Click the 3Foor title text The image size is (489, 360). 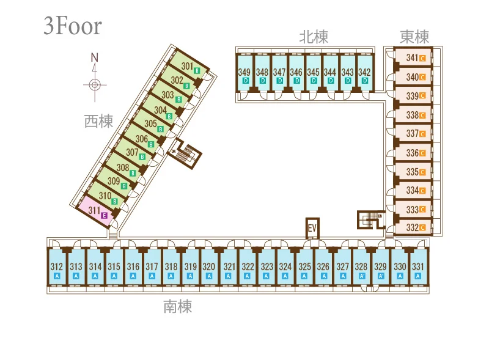pos(73,26)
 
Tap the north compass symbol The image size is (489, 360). pos(95,78)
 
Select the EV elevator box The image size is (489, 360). pos(312,228)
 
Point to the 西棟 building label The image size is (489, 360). pos(98,121)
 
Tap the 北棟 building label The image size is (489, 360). pos(314,37)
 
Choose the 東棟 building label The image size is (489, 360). pos(414,37)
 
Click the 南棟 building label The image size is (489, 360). pos(178,306)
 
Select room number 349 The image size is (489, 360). pos(244,72)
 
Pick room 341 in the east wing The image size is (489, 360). pos(413,57)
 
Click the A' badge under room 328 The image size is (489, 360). pos(362,276)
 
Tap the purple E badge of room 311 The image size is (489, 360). pos(105,216)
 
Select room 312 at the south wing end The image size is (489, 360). pos(56,266)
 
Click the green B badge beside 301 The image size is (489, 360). pos(197,71)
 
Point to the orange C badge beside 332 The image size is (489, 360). pos(422,228)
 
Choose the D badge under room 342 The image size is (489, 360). pos(365,81)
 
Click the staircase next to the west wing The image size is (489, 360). pos(186,153)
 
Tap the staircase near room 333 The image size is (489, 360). pos(370,219)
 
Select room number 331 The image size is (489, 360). pos(418,266)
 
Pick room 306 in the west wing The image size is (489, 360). pos(142,139)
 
